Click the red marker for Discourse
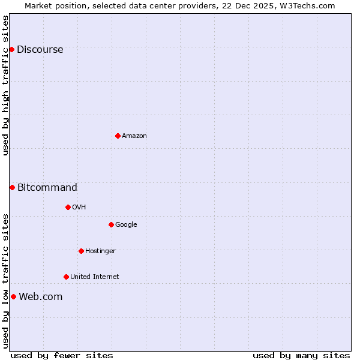[x=12, y=49]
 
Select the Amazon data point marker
[x=118, y=136]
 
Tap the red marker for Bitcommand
[x=12, y=187]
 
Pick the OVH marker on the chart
[x=68, y=207]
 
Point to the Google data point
[x=111, y=224]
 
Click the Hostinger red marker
[x=81, y=251]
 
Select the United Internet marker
[x=66, y=277]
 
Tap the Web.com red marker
[x=13, y=296]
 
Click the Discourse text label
[x=40, y=49]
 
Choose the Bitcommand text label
[x=47, y=187]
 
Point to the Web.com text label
[x=40, y=296]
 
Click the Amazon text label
[x=134, y=136]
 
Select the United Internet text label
[x=94, y=277]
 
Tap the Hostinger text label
[x=100, y=251]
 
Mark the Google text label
[x=126, y=224]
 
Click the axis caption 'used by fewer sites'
[x=62, y=355]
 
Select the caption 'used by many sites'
[x=301, y=355]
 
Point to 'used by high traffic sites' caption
[x=6, y=85]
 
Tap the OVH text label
[x=79, y=207]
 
